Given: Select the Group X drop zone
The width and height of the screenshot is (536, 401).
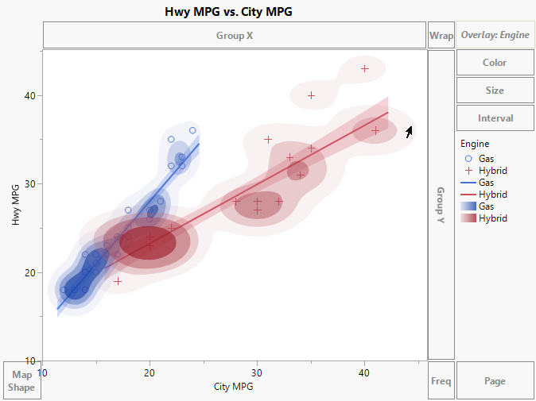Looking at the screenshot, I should pos(235,36).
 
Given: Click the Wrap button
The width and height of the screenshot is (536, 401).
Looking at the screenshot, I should pos(441,36).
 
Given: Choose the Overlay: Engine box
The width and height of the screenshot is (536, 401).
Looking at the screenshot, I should pos(495,36).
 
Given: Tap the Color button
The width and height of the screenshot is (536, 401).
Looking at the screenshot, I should pos(495,63).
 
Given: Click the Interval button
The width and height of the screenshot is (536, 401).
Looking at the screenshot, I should pos(495,118).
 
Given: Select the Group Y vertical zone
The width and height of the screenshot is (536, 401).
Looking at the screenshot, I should pos(441,205).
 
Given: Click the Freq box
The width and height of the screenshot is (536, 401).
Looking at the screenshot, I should pos(441,381).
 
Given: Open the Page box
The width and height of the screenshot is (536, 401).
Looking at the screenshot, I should pos(495,381).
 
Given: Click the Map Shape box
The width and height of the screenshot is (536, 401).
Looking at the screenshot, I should pos(21,381).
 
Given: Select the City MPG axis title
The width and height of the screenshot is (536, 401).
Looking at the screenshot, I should pos(235,387).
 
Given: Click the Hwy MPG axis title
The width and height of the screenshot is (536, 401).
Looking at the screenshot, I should pos(16,205).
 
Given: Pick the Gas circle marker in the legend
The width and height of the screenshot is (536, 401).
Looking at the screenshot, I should pos(467,159).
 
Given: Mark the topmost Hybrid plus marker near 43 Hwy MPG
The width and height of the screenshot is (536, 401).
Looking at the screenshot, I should pos(365,69).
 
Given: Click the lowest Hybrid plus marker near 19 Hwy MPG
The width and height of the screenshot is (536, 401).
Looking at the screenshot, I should pos(118,281).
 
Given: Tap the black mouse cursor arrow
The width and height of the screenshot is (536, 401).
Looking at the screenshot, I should pos(410,132).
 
